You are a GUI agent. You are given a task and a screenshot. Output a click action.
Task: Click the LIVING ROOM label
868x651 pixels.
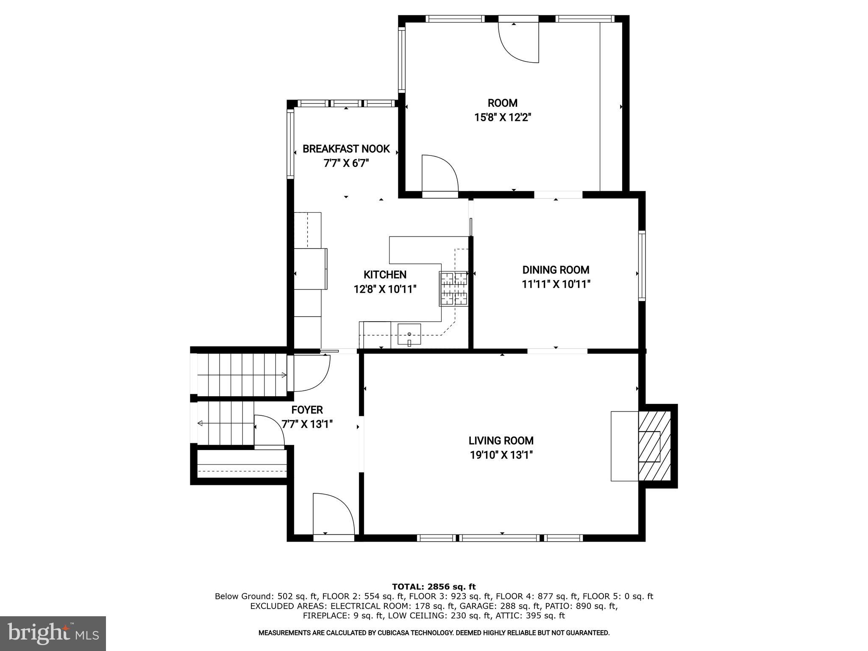point(501,441)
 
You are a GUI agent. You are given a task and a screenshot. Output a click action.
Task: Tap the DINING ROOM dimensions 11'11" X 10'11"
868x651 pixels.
point(556,284)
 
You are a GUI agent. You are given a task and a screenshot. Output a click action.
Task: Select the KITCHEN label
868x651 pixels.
point(385,275)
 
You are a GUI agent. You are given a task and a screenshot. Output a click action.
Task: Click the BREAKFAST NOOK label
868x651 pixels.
point(346,149)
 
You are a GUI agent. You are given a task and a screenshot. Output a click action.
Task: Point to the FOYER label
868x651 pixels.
point(307,410)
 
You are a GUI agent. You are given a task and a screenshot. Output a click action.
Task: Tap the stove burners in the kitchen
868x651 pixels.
point(454,289)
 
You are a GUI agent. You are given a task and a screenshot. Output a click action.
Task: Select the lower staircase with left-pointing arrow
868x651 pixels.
point(225,423)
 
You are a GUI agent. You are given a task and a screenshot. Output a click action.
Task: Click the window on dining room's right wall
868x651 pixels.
point(642,266)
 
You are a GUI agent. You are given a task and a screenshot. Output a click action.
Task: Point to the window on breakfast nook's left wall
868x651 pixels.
point(290,143)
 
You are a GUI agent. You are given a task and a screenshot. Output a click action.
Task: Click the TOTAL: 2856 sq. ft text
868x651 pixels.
point(434,587)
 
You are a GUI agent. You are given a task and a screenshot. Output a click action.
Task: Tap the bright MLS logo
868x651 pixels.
point(53,633)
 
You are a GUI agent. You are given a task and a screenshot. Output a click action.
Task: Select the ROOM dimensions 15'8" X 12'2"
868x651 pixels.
point(502,117)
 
